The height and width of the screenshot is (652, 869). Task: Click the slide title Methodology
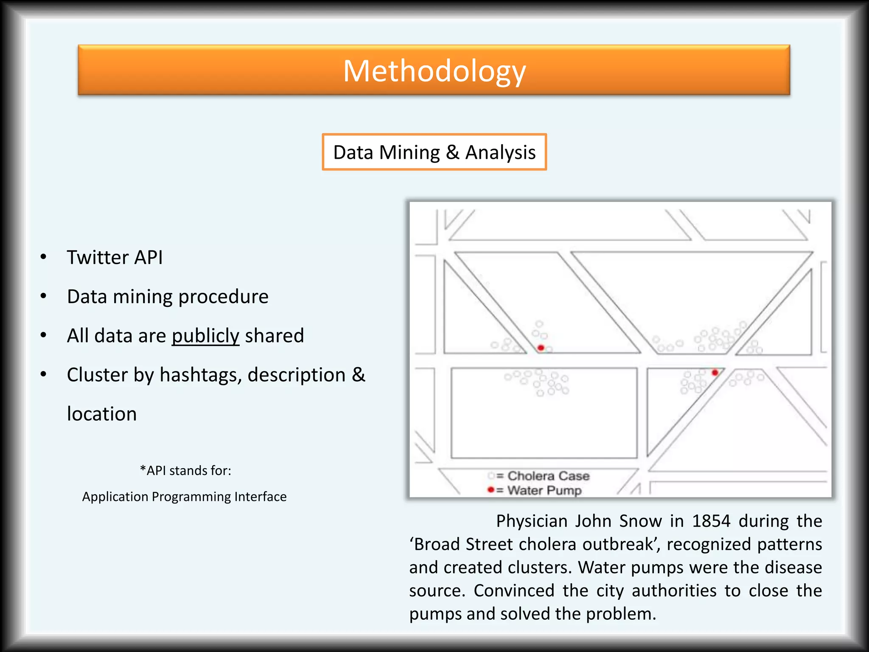(434, 71)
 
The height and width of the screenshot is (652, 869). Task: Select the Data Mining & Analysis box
(434, 152)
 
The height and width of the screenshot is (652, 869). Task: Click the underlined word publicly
(205, 336)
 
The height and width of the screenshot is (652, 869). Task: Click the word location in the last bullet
(102, 414)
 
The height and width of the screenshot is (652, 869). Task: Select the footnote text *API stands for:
(185, 470)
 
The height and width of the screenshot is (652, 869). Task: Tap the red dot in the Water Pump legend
(491, 490)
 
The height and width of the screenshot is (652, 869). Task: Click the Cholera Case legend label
(548, 476)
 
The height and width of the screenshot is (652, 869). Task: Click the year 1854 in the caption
(711, 521)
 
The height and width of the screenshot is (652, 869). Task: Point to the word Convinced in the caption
(514, 590)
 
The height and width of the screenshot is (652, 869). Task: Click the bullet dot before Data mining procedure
(43, 296)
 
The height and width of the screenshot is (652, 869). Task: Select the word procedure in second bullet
(223, 297)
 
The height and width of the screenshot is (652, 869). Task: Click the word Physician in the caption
(532, 521)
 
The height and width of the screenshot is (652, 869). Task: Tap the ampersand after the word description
(359, 375)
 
